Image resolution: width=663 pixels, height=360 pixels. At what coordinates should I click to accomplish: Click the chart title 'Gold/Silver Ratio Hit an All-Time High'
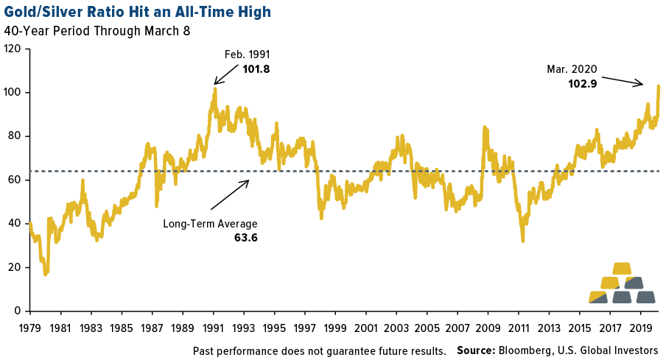pyautogui.click(x=137, y=11)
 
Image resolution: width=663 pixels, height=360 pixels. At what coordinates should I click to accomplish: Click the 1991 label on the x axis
pyautogui.click(x=214, y=328)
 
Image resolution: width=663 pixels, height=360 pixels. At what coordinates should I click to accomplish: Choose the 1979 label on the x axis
pyautogui.click(x=29, y=328)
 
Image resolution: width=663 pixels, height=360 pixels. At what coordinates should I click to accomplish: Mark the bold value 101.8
pyautogui.click(x=256, y=69)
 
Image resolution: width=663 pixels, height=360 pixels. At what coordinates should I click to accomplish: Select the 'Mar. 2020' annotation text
pyautogui.click(x=572, y=69)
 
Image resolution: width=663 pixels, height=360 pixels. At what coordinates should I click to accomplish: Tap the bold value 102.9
pyautogui.click(x=582, y=84)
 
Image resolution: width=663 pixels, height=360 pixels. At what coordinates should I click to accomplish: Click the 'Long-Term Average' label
pyautogui.click(x=210, y=223)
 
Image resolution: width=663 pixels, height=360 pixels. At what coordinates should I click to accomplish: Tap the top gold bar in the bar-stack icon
pyautogui.click(x=622, y=268)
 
